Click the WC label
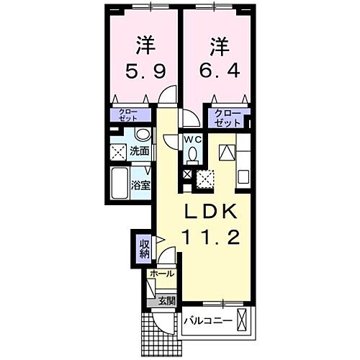pos(192,139)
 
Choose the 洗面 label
pos(140,151)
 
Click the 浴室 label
pos(140,185)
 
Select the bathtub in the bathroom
pos(120,185)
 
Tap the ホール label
pos(161,274)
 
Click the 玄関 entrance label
pos(166,300)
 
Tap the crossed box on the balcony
pos(243,320)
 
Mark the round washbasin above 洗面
pos(142,135)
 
